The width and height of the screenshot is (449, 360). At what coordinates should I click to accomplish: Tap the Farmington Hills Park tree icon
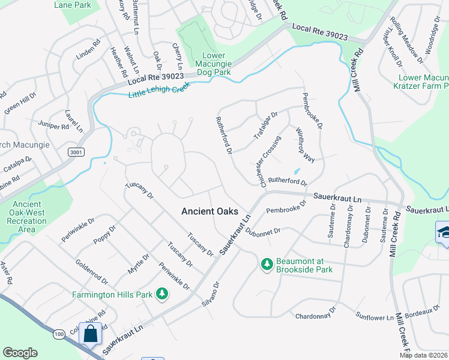click(161, 293)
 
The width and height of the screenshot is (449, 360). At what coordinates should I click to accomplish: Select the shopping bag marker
click(91, 334)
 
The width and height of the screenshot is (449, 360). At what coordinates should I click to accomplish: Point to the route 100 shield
click(58, 333)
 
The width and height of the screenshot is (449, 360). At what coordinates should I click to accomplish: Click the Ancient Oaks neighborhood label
click(209, 211)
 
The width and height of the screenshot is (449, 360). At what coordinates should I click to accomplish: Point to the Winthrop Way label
click(305, 145)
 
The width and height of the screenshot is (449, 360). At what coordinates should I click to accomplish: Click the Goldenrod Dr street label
click(92, 271)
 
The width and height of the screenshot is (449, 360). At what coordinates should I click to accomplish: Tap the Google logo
click(20, 353)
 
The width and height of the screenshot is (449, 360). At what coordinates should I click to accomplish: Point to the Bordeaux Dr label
click(423, 312)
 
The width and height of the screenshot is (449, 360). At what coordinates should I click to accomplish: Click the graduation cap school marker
click(443, 232)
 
